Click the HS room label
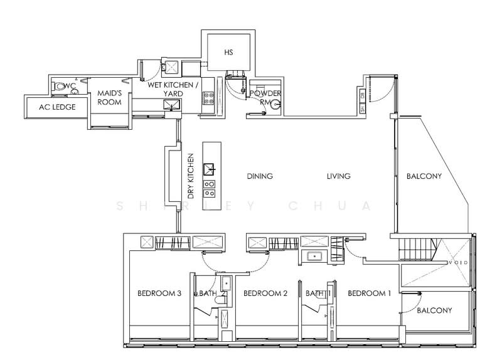click(228, 53)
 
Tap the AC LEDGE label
click(55, 107)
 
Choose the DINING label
click(260, 176)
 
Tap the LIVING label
click(338, 176)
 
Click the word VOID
click(456, 264)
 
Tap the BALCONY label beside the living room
click(424, 176)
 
